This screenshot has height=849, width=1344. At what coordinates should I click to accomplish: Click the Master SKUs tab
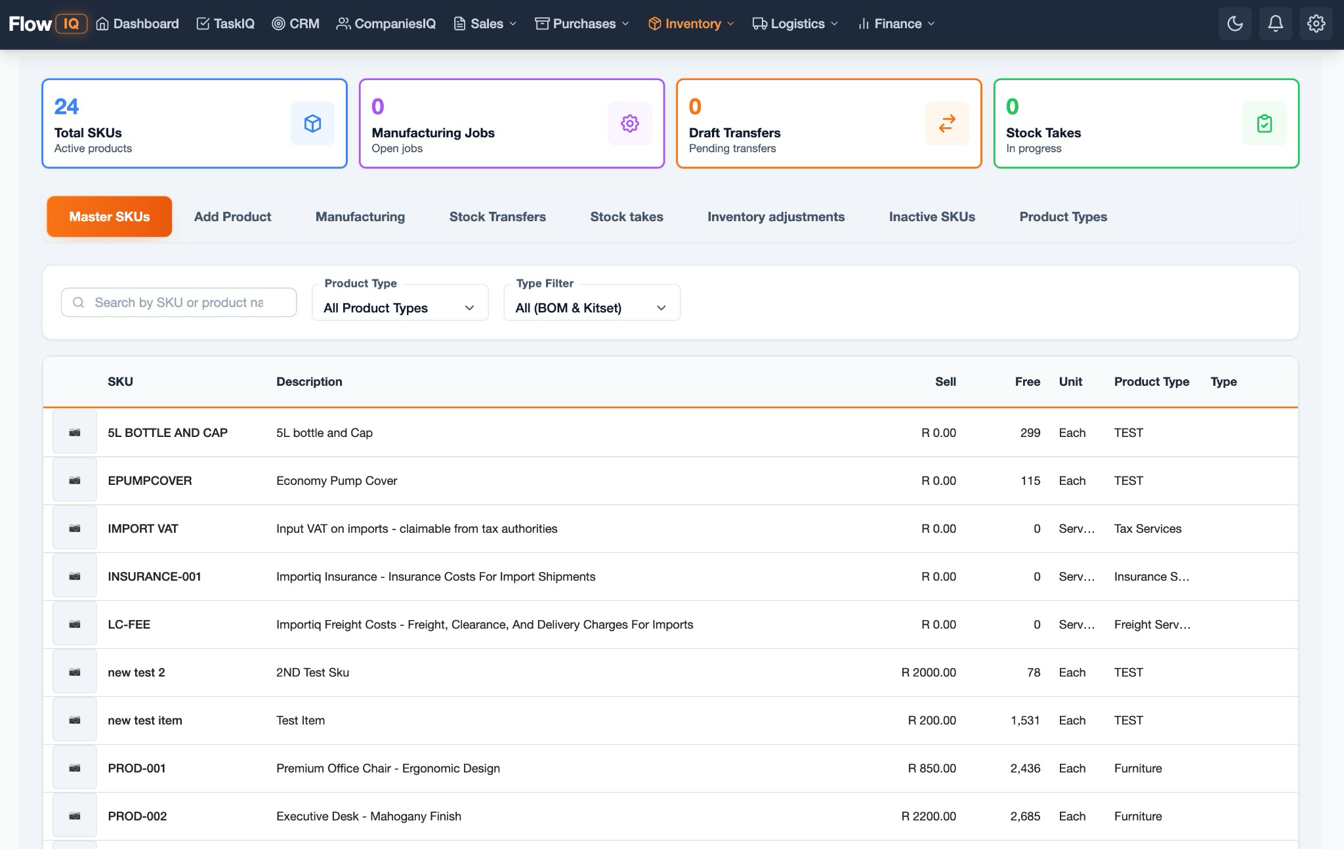[109, 217]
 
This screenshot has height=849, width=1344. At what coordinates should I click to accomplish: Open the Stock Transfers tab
[497, 217]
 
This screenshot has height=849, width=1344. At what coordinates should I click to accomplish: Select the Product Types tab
[1062, 217]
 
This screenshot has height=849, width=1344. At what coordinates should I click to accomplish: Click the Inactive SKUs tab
[931, 217]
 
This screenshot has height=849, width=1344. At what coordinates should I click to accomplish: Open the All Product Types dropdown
[399, 308]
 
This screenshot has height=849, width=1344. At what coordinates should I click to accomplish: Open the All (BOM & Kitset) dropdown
[591, 308]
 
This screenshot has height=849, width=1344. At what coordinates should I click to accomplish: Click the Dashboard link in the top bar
[138, 24]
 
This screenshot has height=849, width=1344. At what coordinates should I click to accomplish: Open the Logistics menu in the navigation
[795, 24]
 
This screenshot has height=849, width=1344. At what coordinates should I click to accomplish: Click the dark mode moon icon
[1234, 24]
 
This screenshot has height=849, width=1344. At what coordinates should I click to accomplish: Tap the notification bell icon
[1274, 24]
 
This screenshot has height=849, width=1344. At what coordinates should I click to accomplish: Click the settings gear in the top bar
[1315, 24]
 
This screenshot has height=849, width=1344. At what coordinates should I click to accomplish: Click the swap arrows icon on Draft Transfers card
[946, 123]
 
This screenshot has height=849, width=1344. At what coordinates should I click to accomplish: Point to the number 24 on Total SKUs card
[66, 106]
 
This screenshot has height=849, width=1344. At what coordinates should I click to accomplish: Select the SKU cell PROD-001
[136, 768]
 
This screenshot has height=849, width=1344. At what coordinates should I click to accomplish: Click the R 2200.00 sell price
[928, 816]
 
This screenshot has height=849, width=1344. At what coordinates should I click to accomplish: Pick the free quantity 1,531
[1025, 720]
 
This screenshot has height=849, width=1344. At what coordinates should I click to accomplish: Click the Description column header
[309, 382]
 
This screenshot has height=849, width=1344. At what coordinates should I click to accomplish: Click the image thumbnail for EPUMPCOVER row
[75, 481]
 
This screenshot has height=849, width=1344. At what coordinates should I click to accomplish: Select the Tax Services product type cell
[1147, 529]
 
